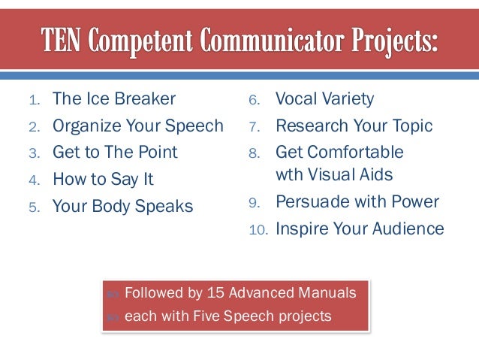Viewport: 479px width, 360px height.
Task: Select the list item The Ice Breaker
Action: pos(114,98)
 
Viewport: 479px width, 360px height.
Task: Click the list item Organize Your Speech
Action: pos(137,126)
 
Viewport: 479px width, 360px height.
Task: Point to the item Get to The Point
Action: pos(115,152)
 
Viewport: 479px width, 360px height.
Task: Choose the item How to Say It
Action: pos(103,180)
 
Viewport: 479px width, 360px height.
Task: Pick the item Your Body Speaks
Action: pos(122,206)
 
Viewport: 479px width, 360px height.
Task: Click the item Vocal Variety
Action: pos(324,98)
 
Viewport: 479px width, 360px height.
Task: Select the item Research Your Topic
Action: pos(354,126)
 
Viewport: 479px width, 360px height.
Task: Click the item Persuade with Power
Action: pos(357,202)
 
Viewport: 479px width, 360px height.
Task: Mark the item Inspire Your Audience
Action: pos(360,228)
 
